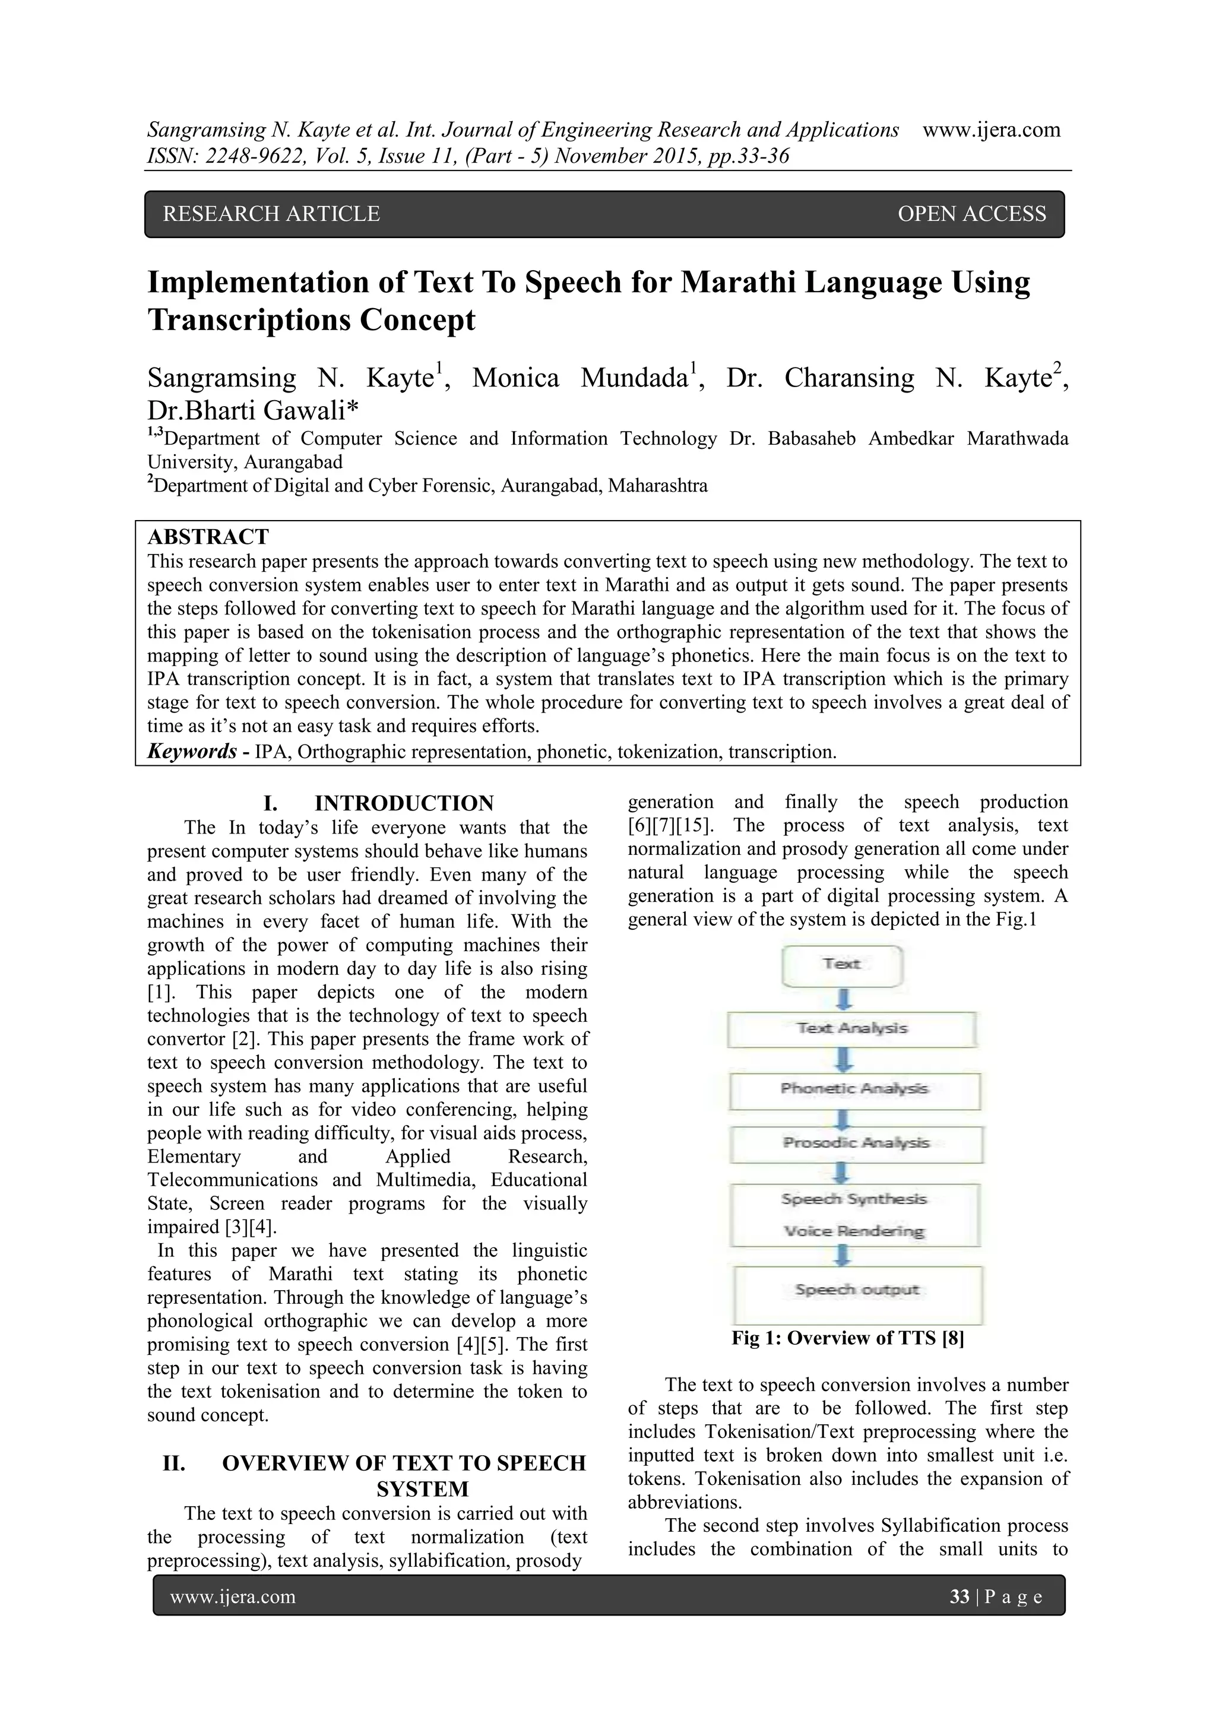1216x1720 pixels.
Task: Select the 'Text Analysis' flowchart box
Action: click(x=852, y=1030)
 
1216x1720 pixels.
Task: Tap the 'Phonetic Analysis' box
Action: click(x=854, y=1090)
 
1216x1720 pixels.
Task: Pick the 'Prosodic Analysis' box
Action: click(x=856, y=1144)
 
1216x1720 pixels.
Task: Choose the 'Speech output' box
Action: click(x=857, y=1290)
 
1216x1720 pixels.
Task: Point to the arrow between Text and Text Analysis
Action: click(x=844, y=999)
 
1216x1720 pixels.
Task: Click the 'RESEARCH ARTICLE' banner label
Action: click(x=271, y=214)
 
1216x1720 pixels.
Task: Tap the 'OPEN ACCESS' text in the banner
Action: click(x=971, y=214)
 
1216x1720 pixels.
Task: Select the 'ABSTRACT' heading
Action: click(x=208, y=537)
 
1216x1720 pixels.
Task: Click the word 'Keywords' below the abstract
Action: click(x=192, y=752)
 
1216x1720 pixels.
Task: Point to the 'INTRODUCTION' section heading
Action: click(x=404, y=803)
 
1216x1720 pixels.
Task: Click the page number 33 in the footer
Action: click(x=959, y=1597)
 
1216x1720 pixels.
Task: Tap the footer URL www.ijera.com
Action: click(x=233, y=1597)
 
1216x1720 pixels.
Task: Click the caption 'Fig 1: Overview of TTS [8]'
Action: click(x=847, y=1338)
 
